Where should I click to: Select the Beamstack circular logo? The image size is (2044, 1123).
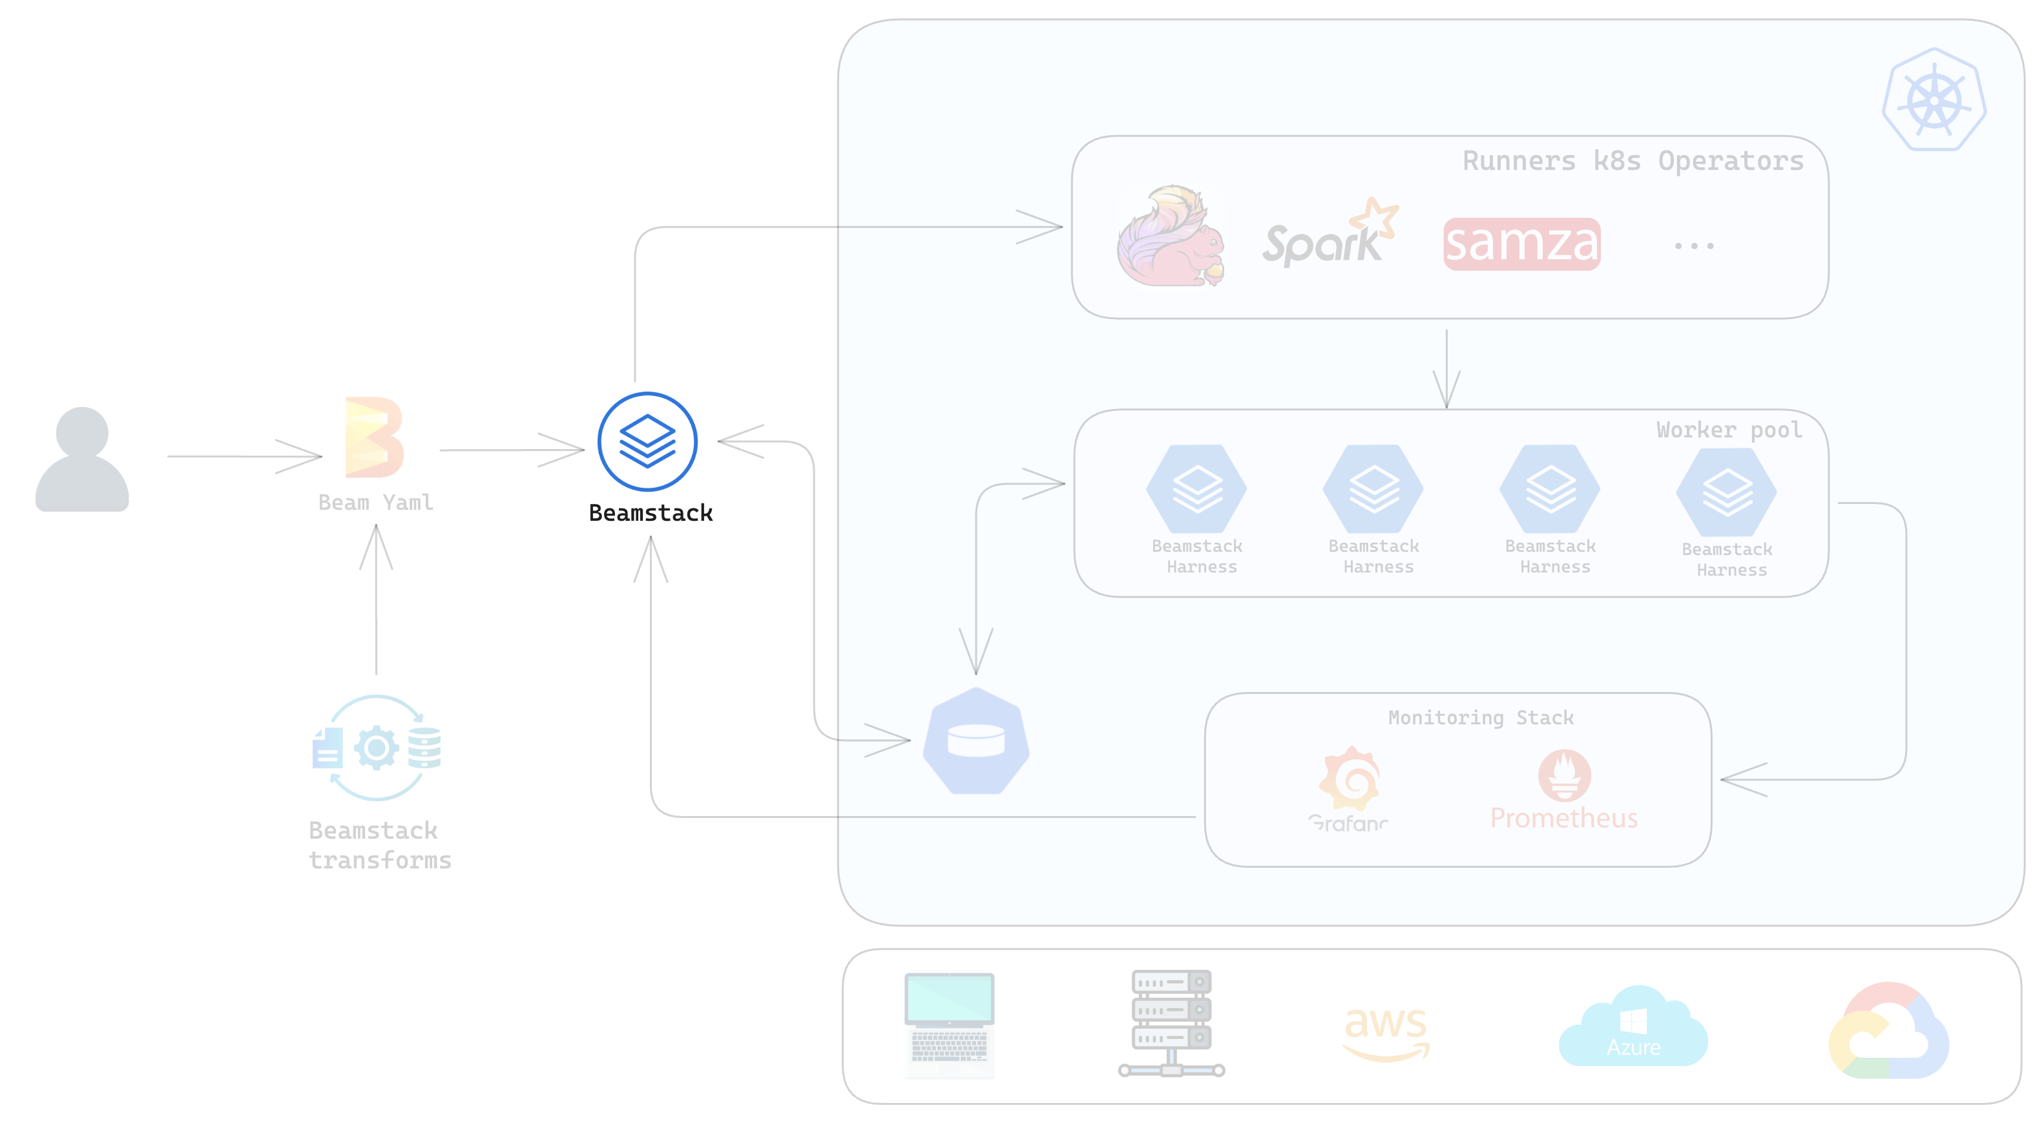647,441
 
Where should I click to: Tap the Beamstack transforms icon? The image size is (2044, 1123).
377,748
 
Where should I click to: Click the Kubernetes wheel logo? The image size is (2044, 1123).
1934,100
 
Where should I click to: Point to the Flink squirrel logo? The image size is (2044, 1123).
1171,236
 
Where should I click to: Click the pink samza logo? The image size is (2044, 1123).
1521,244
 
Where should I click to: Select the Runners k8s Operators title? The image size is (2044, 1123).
1632,161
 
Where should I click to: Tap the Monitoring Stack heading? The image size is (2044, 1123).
1481,717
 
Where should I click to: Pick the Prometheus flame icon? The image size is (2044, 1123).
1564,775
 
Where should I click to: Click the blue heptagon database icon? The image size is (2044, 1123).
976,741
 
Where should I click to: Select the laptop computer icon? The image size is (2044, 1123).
949,1025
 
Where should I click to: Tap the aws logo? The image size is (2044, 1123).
1386,1033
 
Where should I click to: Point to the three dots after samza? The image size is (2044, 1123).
1693,246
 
